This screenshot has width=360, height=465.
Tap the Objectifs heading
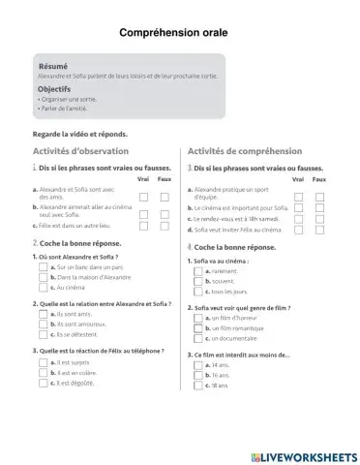[54, 89]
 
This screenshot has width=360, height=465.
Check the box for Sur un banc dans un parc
[43, 266]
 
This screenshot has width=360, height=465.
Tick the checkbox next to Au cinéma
[43, 288]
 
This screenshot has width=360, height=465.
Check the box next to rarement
[198, 271]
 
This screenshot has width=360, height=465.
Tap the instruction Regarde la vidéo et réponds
[80, 134]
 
